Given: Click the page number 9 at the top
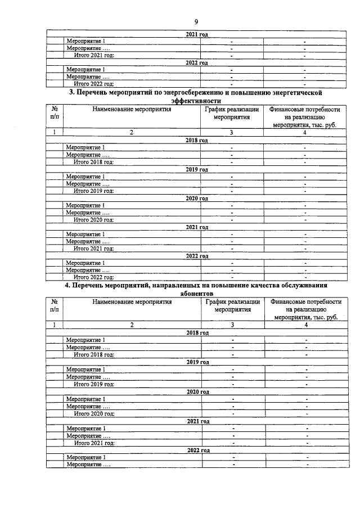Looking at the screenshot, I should click(196, 21).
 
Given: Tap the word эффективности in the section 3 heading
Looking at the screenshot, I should click(196, 100).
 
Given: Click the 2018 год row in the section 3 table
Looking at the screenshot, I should click(196, 140).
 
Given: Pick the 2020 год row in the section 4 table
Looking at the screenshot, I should click(197, 391).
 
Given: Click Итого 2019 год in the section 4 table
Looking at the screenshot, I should click(94, 384).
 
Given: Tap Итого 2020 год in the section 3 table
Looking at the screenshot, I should click(94, 219).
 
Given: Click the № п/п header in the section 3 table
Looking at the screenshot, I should click(55, 114).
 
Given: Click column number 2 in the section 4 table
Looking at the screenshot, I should click(132, 325).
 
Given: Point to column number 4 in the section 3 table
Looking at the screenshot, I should click(304, 133).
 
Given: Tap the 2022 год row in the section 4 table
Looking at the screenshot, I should click(197, 450).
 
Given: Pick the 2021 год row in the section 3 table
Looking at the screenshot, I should click(197, 227).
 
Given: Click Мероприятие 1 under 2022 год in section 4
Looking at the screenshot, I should click(86, 457).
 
